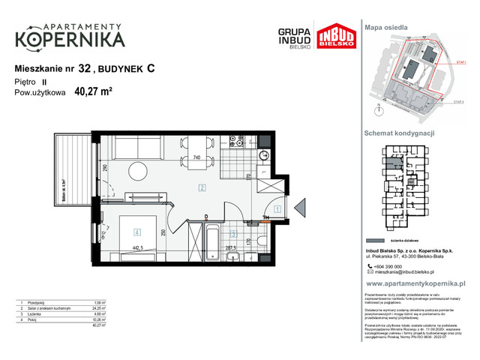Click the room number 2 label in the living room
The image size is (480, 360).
(x=202, y=188)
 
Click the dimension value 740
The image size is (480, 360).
(x=196, y=157)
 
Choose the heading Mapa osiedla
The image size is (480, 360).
(x=386, y=27)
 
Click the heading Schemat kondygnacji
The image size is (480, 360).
(x=399, y=132)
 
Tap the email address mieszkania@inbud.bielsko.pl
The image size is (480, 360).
(x=409, y=272)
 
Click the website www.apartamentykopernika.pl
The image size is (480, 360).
(x=416, y=284)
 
